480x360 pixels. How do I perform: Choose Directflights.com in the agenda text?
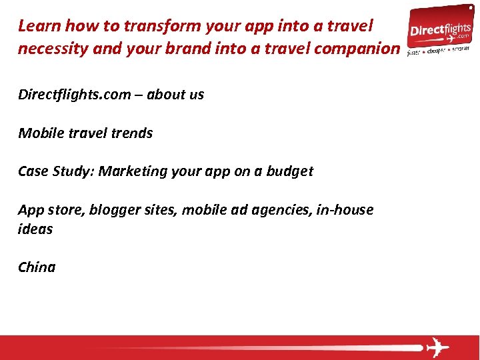[x=75, y=95]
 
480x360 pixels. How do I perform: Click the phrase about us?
[x=175, y=95]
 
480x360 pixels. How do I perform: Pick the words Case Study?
[x=56, y=171]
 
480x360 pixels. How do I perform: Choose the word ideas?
[x=35, y=229]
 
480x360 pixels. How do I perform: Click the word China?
[x=37, y=267]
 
